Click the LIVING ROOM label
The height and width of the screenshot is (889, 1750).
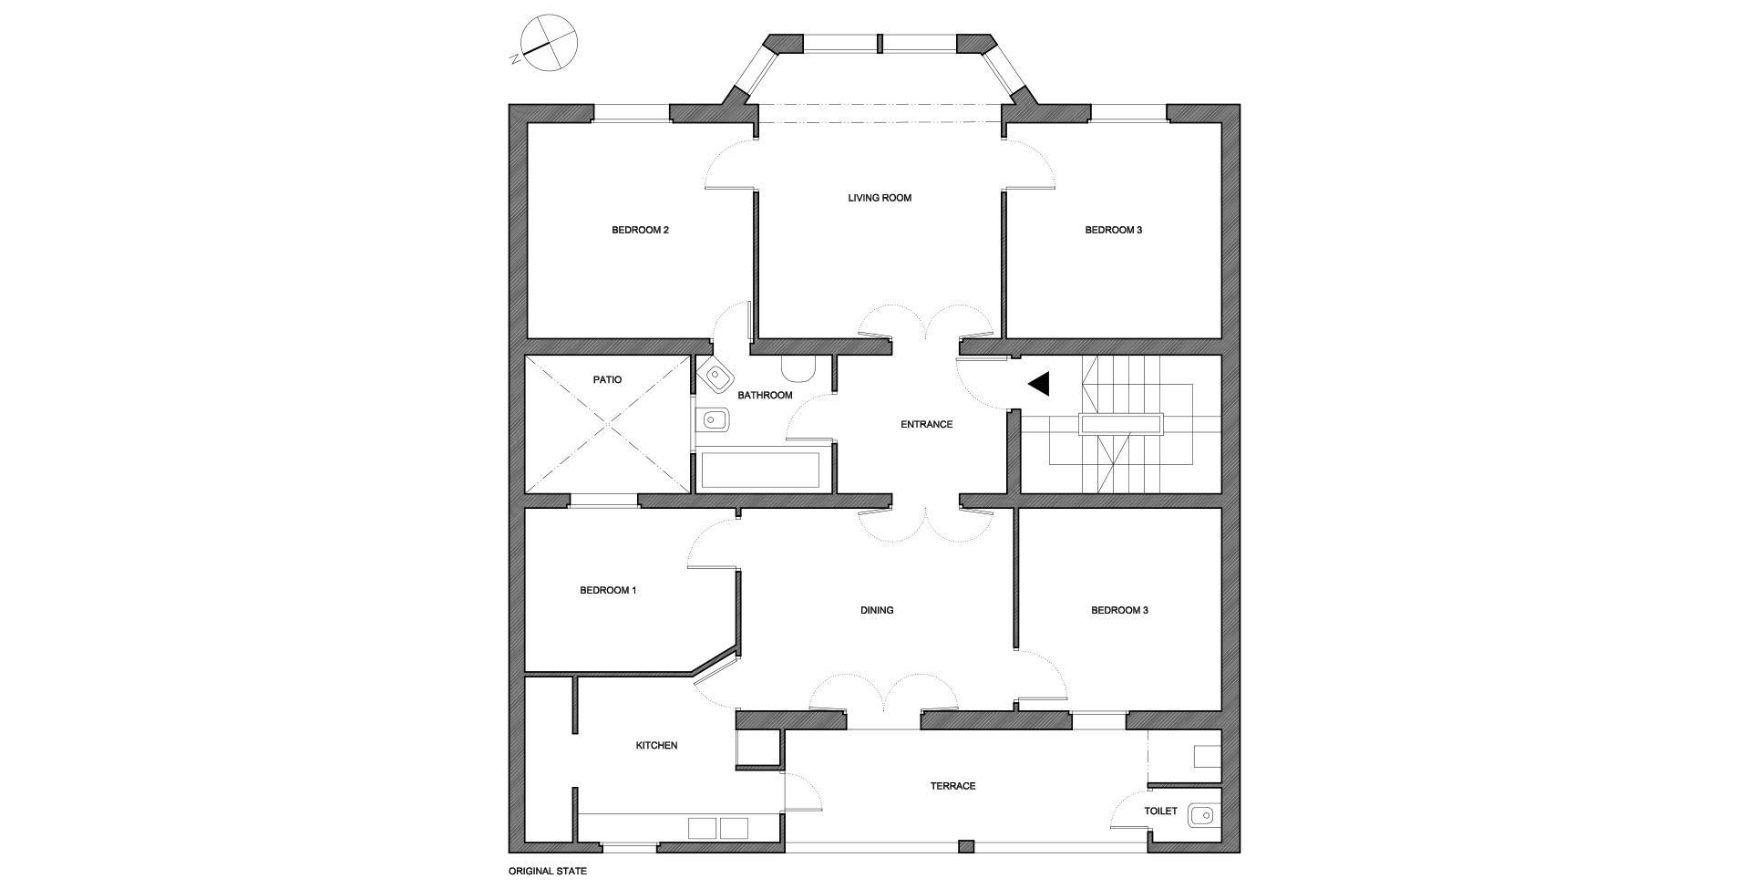click(879, 198)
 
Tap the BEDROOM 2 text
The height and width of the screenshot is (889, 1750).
click(640, 230)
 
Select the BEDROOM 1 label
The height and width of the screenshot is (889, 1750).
click(608, 590)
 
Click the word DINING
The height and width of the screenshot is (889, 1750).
click(877, 610)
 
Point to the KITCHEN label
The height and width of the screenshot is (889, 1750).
click(656, 745)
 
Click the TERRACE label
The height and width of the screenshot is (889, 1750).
click(952, 785)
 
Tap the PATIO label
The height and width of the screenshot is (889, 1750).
click(607, 379)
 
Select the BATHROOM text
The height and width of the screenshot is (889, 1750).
click(765, 395)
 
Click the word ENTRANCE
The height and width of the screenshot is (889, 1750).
click(926, 424)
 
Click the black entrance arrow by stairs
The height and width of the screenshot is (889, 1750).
click(1040, 384)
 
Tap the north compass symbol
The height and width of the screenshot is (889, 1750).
click(548, 42)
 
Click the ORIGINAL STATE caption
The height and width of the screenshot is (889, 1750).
click(547, 871)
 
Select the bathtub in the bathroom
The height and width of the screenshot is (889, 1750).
click(760, 470)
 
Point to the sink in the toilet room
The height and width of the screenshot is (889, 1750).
click(1203, 816)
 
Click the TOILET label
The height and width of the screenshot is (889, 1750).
click(1160, 811)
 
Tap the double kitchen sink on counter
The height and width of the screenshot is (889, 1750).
click(718, 828)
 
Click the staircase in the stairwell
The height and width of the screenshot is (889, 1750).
click(1121, 425)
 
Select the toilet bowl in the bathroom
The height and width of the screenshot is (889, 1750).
click(798, 367)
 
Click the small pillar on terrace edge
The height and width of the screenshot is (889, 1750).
click(967, 846)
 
